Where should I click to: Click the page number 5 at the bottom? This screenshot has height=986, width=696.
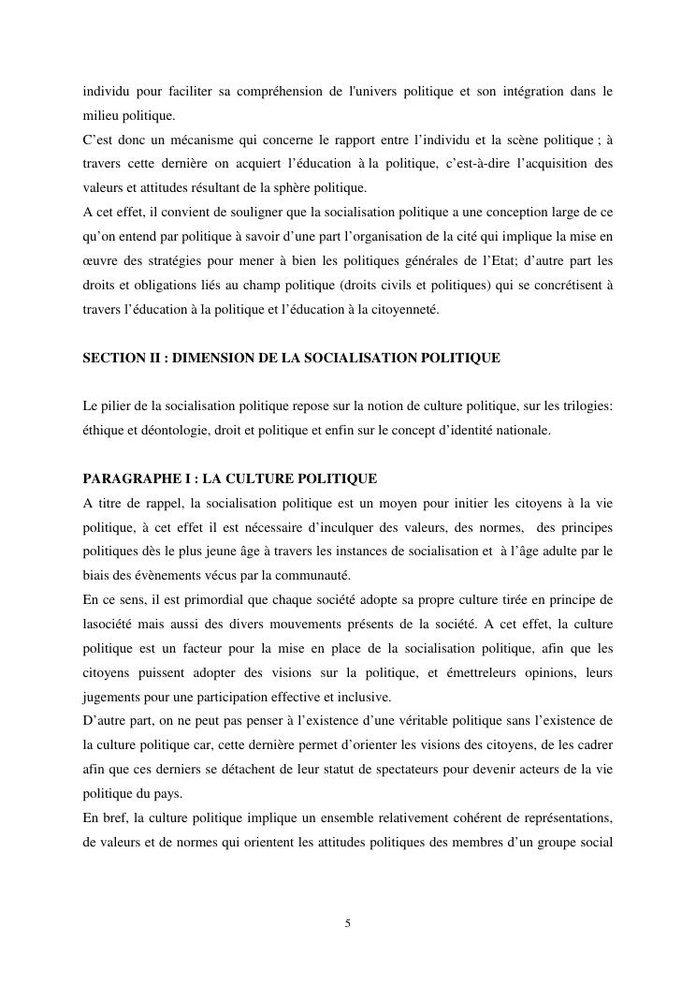coord(348,923)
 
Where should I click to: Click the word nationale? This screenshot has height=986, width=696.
coord(525,431)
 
